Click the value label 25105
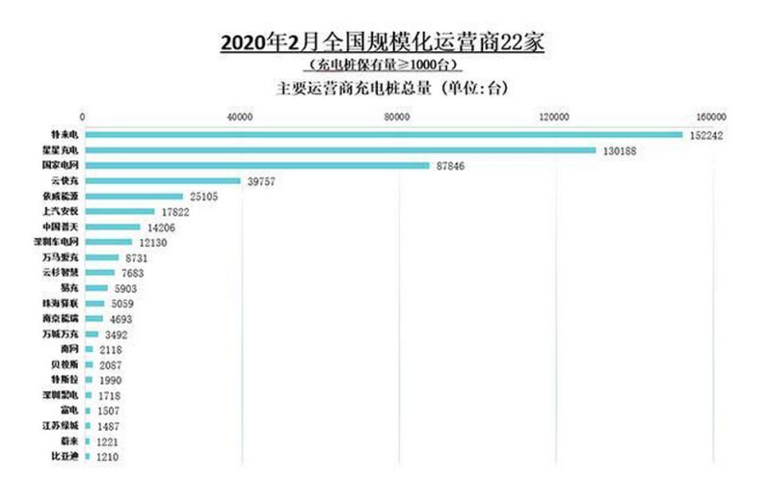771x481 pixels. coord(207,196)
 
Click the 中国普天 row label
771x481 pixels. coord(62,227)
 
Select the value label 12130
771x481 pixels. coord(156,242)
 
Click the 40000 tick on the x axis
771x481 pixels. coord(240,118)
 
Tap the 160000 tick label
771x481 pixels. coord(711,118)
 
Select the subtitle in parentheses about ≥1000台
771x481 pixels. coord(383,66)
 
